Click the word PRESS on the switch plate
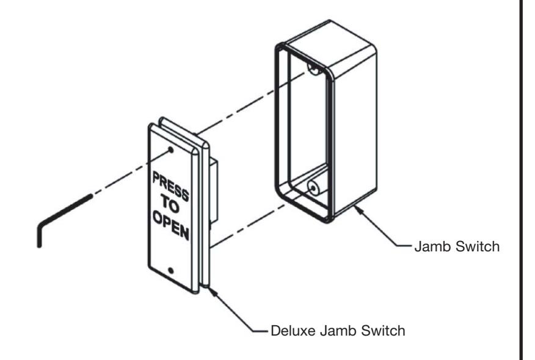170,187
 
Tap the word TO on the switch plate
170,204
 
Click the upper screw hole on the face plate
171,150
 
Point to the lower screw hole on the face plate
171,271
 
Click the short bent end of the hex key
39,236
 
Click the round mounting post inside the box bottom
313,187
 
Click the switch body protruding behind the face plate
214,191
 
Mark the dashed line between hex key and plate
131,172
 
